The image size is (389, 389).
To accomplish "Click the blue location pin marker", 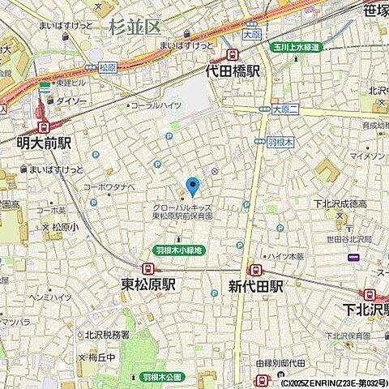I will (x=192, y=187).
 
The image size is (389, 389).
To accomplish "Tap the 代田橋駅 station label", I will (x=233, y=71).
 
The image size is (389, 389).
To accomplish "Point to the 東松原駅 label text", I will (x=148, y=284).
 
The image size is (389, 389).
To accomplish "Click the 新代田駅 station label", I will (x=255, y=285).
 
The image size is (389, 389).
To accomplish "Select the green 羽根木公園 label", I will (x=163, y=377).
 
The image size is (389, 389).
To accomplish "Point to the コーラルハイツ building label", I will (x=160, y=105).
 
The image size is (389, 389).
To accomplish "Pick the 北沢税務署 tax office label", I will (x=107, y=334).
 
